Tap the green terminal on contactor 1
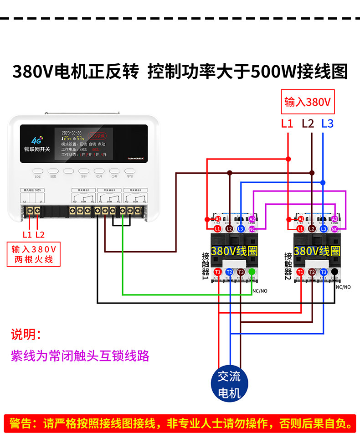point(252,272)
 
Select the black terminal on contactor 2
point(335,272)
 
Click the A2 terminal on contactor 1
point(252,219)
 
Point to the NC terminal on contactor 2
point(334,228)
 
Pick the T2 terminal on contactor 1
point(229,272)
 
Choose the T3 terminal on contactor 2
point(324,272)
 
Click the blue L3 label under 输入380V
point(327,123)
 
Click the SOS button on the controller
point(37,171)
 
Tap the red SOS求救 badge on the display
point(97,136)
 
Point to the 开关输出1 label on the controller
point(136,190)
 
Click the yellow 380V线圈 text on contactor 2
point(317,251)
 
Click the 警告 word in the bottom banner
point(21,424)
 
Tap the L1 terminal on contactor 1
point(217,228)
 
